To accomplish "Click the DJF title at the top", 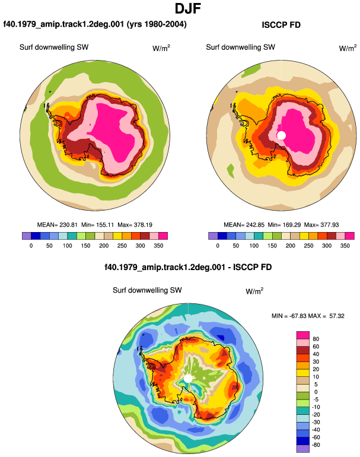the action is tap(188, 8).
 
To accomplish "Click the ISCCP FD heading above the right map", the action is tap(281, 25).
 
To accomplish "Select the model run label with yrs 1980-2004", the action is tap(95, 24).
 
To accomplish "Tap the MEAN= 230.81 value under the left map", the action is tap(58, 225).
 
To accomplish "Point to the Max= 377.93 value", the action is tap(321, 225).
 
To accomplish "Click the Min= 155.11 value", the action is tap(98, 225).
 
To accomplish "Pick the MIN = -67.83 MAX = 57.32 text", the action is tap(308, 316).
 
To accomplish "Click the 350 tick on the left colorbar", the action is tap(158, 246).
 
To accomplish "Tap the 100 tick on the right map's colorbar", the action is tap(254, 246).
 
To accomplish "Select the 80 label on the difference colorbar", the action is tap(316, 339).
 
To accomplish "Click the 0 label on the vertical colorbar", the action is tap(316, 392).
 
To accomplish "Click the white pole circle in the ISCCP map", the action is tap(281, 135).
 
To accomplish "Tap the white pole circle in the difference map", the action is tap(188, 379).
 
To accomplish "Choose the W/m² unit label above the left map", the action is tap(161, 48).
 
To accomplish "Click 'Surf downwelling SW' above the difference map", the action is tap(147, 290).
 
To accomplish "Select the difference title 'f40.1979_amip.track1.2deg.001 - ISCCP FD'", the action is tap(188, 267).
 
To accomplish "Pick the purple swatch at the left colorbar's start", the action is tap(26, 236).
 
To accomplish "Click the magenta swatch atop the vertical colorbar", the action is tap(303, 335).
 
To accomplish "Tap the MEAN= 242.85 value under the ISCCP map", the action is tap(244, 225).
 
